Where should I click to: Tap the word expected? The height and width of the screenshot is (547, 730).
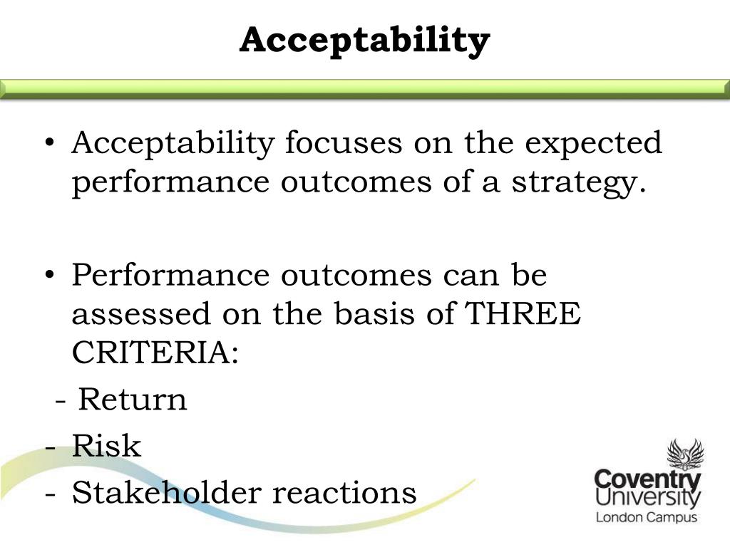[x=594, y=143]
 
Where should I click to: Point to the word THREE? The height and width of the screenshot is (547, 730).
[x=522, y=314]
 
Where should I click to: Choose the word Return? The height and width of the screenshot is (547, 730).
[x=133, y=400]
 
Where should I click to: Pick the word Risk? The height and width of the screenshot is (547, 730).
[x=106, y=447]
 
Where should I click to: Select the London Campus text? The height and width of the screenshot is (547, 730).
[x=646, y=518]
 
